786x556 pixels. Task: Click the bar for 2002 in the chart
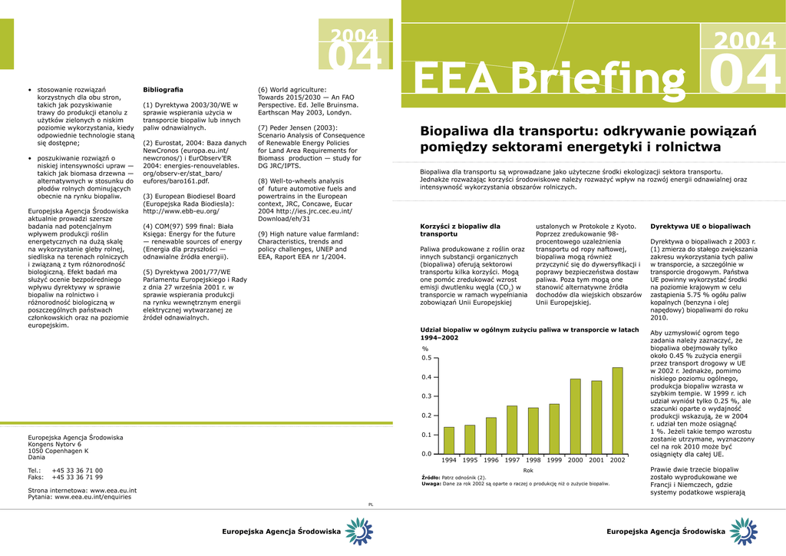click(617, 410)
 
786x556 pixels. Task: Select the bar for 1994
click(449, 440)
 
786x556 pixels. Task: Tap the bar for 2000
click(575, 416)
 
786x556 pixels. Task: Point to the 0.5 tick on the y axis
click(426, 358)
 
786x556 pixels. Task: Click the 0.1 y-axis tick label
click(426, 435)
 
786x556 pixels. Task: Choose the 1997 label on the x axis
click(512, 460)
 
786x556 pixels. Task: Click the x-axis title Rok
click(528, 470)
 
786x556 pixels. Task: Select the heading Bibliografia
click(163, 90)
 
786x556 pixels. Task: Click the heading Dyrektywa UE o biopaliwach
click(700, 227)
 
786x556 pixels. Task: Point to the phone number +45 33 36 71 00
click(77, 470)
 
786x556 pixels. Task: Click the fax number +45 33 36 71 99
click(77, 477)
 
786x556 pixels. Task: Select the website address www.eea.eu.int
click(113, 490)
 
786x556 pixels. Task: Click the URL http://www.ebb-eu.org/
click(181, 211)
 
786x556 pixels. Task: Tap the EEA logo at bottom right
click(742, 531)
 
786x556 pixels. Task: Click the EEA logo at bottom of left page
click(358, 531)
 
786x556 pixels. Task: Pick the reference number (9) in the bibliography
click(263, 233)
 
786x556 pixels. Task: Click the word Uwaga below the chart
click(431, 484)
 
